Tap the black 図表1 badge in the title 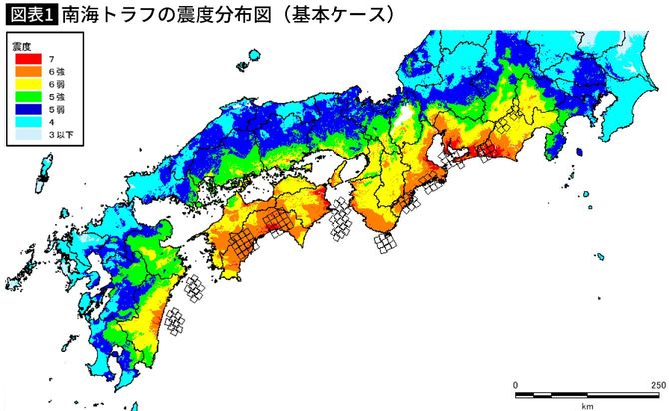[30, 15]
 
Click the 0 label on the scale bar [515, 384]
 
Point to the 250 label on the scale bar [657, 384]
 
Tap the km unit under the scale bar [587, 405]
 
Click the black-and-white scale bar [587, 394]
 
